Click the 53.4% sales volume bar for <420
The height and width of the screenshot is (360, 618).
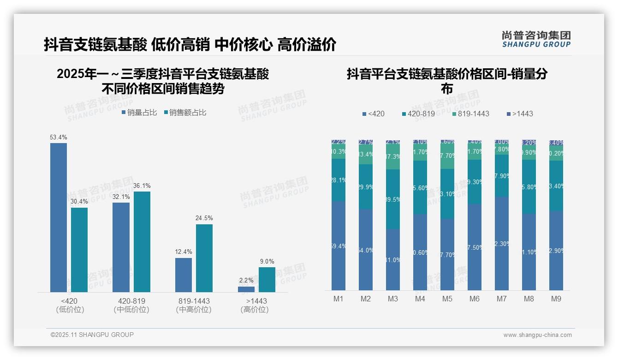(x=59, y=217)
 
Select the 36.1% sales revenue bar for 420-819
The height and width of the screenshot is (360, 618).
(x=142, y=241)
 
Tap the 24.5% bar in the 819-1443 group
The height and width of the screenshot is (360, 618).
(x=204, y=258)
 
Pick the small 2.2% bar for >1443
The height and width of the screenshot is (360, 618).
(x=246, y=289)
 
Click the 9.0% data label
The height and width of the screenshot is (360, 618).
(x=267, y=261)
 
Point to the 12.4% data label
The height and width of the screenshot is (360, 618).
(x=183, y=252)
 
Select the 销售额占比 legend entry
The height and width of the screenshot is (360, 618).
(x=185, y=113)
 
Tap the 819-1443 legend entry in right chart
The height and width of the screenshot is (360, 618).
(x=470, y=114)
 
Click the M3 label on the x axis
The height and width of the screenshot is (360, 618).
(x=392, y=299)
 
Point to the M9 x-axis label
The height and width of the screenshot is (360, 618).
(x=556, y=299)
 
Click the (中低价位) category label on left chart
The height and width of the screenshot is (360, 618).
(x=131, y=310)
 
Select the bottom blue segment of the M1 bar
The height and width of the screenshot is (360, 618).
(x=339, y=246)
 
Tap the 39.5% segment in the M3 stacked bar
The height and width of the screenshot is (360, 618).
(x=392, y=199)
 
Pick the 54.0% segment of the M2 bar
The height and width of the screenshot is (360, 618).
(x=366, y=250)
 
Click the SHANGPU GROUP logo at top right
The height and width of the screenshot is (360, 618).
(x=536, y=39)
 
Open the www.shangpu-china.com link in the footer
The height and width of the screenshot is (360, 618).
(x=537, y=335)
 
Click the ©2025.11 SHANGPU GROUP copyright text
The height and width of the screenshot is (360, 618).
(x=92, y=335)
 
